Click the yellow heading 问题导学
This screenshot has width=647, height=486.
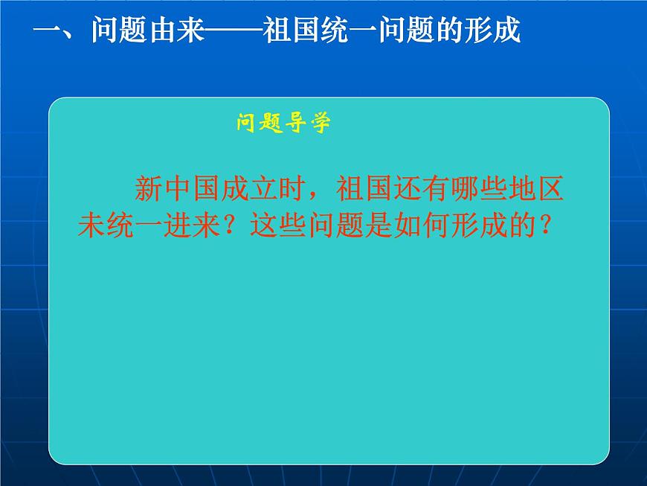[x=283, y=124]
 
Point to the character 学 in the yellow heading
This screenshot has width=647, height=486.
[x=320, y=124]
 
